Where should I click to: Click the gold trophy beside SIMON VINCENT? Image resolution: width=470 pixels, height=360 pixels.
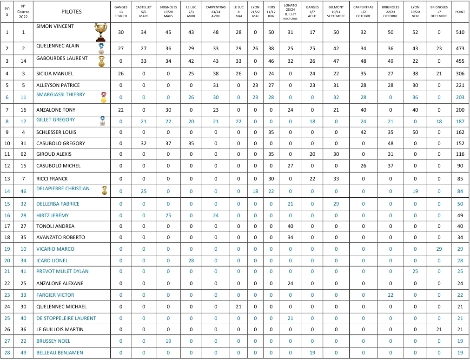coord(100,32)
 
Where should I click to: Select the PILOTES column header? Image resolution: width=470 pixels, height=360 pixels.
coord(71,12)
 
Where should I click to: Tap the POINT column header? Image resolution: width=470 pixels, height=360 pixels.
coord(460,12)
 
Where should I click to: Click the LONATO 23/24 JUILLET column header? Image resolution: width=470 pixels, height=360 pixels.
coord(291,12)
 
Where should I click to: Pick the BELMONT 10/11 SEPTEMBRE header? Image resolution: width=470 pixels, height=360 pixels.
coord(336,12)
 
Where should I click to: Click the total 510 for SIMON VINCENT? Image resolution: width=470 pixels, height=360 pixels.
coord(460,33)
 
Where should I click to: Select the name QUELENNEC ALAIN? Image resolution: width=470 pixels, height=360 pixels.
coord(58,46)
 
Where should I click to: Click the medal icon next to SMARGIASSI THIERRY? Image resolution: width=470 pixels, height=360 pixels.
coord(103,97)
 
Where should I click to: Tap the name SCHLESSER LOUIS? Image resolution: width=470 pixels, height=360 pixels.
coord(56,132)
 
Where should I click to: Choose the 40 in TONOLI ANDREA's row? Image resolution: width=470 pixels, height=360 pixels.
coord(291,226)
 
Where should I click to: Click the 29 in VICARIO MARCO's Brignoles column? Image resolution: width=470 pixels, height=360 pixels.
coord(439,249)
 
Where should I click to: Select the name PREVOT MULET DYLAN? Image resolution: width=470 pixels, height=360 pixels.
coord(62,271)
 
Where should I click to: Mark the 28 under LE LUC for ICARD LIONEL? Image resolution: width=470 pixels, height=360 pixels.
coord(191,260)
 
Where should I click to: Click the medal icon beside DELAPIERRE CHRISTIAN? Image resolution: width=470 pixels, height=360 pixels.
coord(105,190)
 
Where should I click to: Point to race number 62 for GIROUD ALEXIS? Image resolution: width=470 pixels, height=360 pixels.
coord(23,154)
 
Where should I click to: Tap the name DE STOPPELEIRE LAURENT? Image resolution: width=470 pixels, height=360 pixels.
coord(66,318)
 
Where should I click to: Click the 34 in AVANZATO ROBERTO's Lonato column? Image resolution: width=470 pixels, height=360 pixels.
coord(291,237)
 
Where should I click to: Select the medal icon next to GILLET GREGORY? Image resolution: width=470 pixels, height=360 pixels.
coord(102,121)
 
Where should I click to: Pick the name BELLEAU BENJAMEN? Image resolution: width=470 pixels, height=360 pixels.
coord(60,353)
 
